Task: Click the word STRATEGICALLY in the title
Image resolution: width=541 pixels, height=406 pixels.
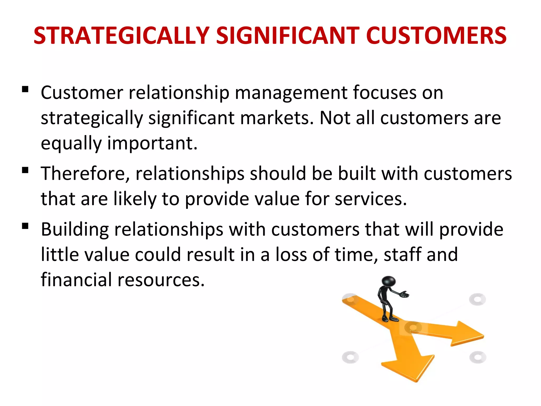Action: coord(122,36)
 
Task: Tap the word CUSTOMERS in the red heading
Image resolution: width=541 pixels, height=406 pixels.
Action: coord(436,36)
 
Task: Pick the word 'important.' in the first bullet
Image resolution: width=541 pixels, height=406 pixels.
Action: coord(152,143)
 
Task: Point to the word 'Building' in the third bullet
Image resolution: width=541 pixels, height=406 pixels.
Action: coord(75,229)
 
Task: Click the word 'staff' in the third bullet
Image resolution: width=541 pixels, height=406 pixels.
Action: coord(402,255)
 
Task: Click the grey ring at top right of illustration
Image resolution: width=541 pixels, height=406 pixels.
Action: coord(477,299)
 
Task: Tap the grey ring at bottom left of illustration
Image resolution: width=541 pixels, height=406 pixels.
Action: coord(350,357)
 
